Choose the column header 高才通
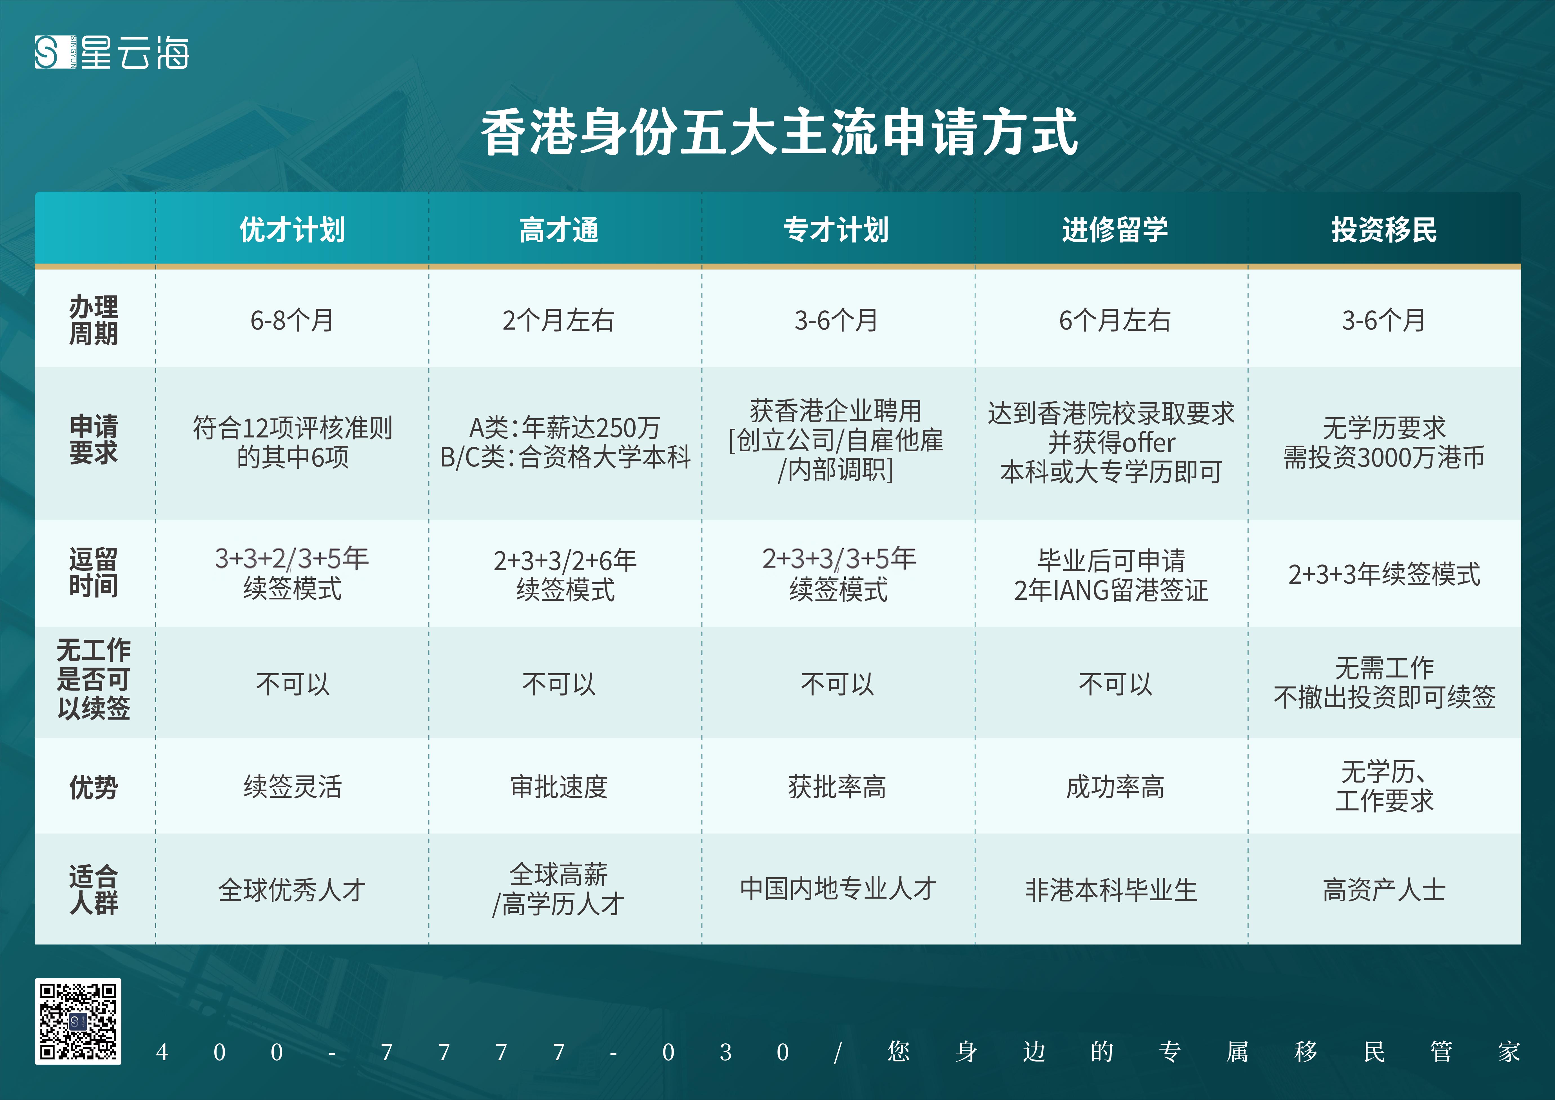(559, 230)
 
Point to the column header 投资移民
(1384, 230)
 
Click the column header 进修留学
(1114, 230)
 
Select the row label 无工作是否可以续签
(93, 679)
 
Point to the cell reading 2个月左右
(559, 320)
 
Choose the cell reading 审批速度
(559, 786)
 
